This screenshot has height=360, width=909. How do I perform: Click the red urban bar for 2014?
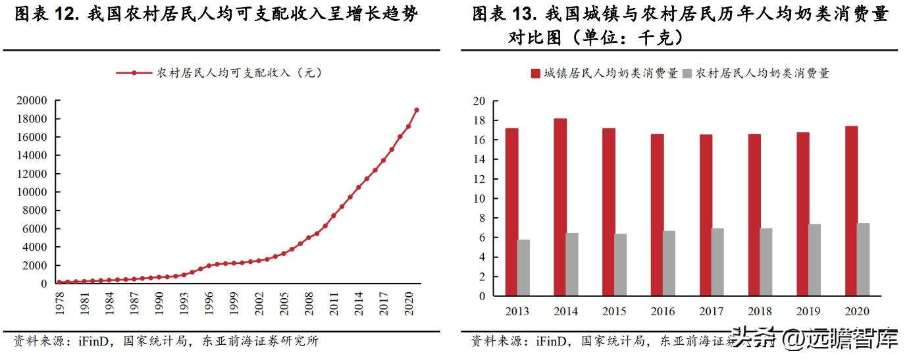tap(560, 207)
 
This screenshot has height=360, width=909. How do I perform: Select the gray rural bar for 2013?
tap(523, 267)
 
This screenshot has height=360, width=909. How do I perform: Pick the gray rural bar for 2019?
tap(814, 260)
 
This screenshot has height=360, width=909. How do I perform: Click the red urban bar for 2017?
tap(706, 215)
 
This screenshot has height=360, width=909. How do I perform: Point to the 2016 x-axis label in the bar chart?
tap(663, 311)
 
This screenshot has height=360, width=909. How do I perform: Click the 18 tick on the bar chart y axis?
tap(479, 120)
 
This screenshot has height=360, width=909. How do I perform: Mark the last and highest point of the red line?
tap(417, 110)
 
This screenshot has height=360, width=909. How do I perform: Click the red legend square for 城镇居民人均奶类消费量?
tap(535, 74)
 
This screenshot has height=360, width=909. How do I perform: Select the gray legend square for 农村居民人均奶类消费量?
tap(687, 74)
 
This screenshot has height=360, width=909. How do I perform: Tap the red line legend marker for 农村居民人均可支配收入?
tap(134, 73)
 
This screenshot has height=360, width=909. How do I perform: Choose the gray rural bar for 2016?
tap(669, 263)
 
